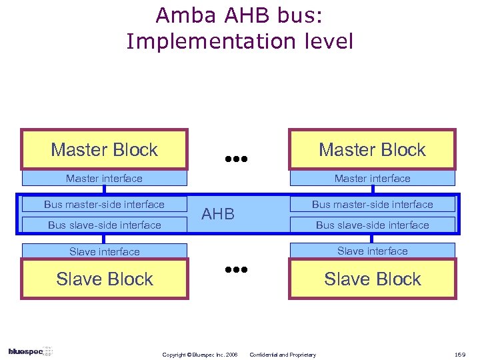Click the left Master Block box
click(x=104, y=149)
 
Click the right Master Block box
click(x=372, y=149)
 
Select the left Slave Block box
click(x=104, y=279)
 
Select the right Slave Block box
click(x=372, y=279)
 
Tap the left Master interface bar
click(x=104, y=179)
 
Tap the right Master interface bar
click(x=372, y=179)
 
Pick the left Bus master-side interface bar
click(x=104, y=205)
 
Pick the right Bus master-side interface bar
click(x=372, y=205)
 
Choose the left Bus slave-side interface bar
click(x=104, y=225)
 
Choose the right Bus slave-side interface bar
click(x=372, y=225)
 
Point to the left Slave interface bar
click(x=104, y=251)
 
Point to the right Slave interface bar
click(x=372, y=251)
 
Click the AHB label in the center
click(x=218, y=214)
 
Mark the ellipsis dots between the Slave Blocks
click(x=236, y=270)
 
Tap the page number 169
click(x=461, y=355)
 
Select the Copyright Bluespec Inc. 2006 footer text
click(x=200, y=355)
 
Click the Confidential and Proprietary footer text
click(x=283, y=355)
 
